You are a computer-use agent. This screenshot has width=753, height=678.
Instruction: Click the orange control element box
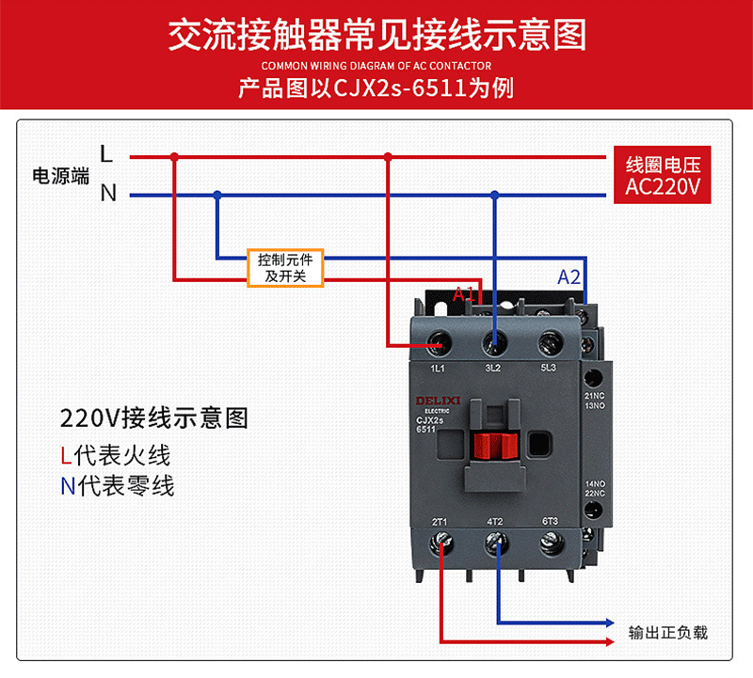click(x=285, y=267)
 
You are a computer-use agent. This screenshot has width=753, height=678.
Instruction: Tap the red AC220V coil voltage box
click(x=663, y=176)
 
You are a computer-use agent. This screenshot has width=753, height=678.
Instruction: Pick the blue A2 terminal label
click(x=569, y=277)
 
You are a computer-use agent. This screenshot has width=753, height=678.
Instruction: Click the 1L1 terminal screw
click(x=438, y=341)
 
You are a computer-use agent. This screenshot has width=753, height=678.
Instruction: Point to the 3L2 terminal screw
click(x=493, y=341)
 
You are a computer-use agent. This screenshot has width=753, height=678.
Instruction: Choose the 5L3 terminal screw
click(x=548, y=341)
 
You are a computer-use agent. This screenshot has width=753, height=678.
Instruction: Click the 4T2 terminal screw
click(x=495, y=543)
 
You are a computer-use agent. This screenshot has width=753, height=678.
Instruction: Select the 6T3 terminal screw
click(x=550, y=543)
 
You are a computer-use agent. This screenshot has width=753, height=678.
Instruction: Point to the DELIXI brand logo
click(x=435, y=401)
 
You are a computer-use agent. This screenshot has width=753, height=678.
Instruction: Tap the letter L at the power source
click(x=107, y=153)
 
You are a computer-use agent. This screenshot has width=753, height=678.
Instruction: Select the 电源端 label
click(x=59, y=175)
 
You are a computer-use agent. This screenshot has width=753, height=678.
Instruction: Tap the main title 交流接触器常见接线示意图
click(x=376, y=35)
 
